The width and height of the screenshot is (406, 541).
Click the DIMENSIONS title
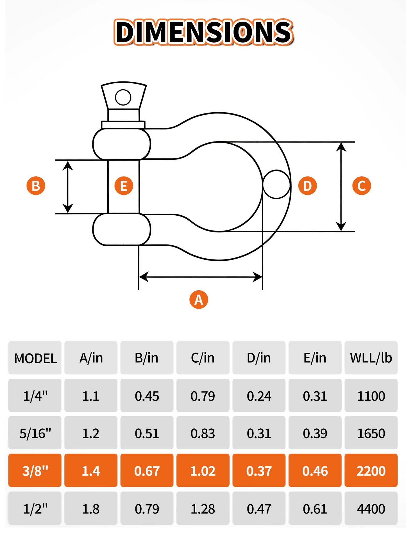204,32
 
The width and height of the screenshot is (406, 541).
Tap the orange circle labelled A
199,300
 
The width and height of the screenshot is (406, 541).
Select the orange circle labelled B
36,186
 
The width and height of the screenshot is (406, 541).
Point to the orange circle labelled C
362,186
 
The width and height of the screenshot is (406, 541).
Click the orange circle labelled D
307,186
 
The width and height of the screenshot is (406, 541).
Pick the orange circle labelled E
124,186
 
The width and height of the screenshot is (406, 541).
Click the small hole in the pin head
123,97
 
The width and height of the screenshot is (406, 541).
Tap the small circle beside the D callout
276,184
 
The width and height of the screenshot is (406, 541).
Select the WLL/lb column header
371,358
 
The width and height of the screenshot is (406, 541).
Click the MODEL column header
35,359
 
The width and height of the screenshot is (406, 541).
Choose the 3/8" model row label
35,471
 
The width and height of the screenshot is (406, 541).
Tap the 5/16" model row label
35,433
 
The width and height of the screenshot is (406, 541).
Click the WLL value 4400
371,509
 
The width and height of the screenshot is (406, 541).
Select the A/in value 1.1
91,396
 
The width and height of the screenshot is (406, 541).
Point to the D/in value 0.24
259,396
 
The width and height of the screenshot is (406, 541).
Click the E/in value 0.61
315,509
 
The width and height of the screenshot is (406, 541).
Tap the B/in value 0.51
147,433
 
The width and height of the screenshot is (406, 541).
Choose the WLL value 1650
371,433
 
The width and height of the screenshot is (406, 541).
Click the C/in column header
203,358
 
